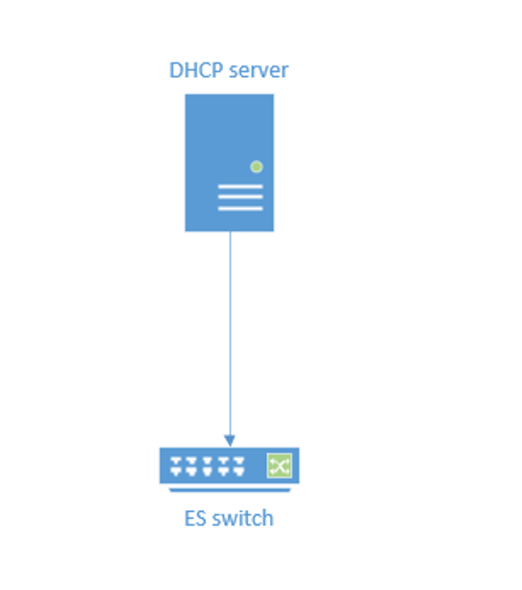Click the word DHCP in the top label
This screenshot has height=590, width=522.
click(196, 70)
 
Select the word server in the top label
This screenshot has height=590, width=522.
click(259, 70)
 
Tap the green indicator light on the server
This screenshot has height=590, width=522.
click(257, 167)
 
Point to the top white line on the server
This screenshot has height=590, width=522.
click(240, 187)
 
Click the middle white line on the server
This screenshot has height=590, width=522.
click(240, 196)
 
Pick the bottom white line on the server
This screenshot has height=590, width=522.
click(240, 209)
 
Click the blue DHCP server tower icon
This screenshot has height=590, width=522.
click(229, 163)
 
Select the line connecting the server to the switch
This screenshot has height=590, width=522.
click(230, 333)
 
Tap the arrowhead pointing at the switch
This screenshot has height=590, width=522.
click(230, 441)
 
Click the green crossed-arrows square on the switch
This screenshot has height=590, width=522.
click(279, 466)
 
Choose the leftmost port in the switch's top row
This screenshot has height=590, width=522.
click(176, 461)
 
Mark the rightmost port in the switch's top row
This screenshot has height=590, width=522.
click(239, 461)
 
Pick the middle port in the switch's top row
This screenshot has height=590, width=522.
click(208, 461)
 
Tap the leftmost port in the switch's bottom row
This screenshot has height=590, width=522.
click(176, 472)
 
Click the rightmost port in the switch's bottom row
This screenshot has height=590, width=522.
click(239, 472)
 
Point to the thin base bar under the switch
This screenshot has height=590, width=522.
click(230, 490)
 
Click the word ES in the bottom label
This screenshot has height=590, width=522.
click(195, 519)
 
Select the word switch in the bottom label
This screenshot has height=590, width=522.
click(243, 518)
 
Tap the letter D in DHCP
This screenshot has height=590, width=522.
click(176, 70)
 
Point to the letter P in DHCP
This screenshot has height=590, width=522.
click(217, 70)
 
